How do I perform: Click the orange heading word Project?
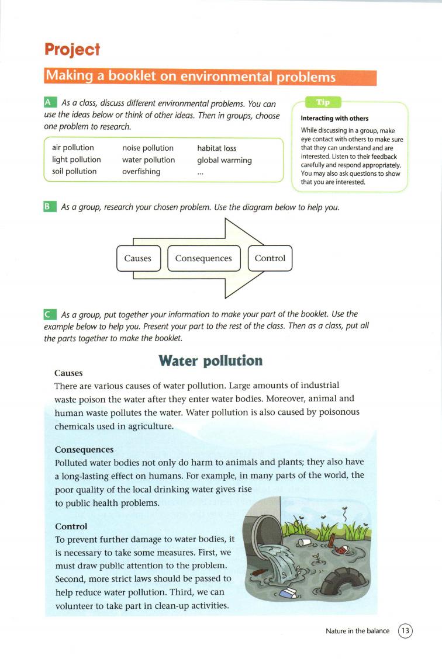[x=72, y=50]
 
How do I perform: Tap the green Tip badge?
[x=323, y=102]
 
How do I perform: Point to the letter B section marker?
[x=50, y=207]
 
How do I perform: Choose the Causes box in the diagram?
[x=138, y=258]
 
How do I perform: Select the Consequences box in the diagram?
[x=203, y=258]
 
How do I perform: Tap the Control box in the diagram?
[x=270, y=258]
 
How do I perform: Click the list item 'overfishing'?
[x=141, y=171]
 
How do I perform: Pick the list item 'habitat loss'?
[x=216, y=148]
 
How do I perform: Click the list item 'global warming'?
[x=224, y=159]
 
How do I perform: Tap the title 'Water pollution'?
[x=210, y=360]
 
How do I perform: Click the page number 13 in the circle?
[x=406, y=631]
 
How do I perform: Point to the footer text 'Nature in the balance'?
[x=358, y=631]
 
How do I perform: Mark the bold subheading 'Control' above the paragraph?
[x=71, y=526]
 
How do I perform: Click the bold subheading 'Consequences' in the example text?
[x=84, y=450]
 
